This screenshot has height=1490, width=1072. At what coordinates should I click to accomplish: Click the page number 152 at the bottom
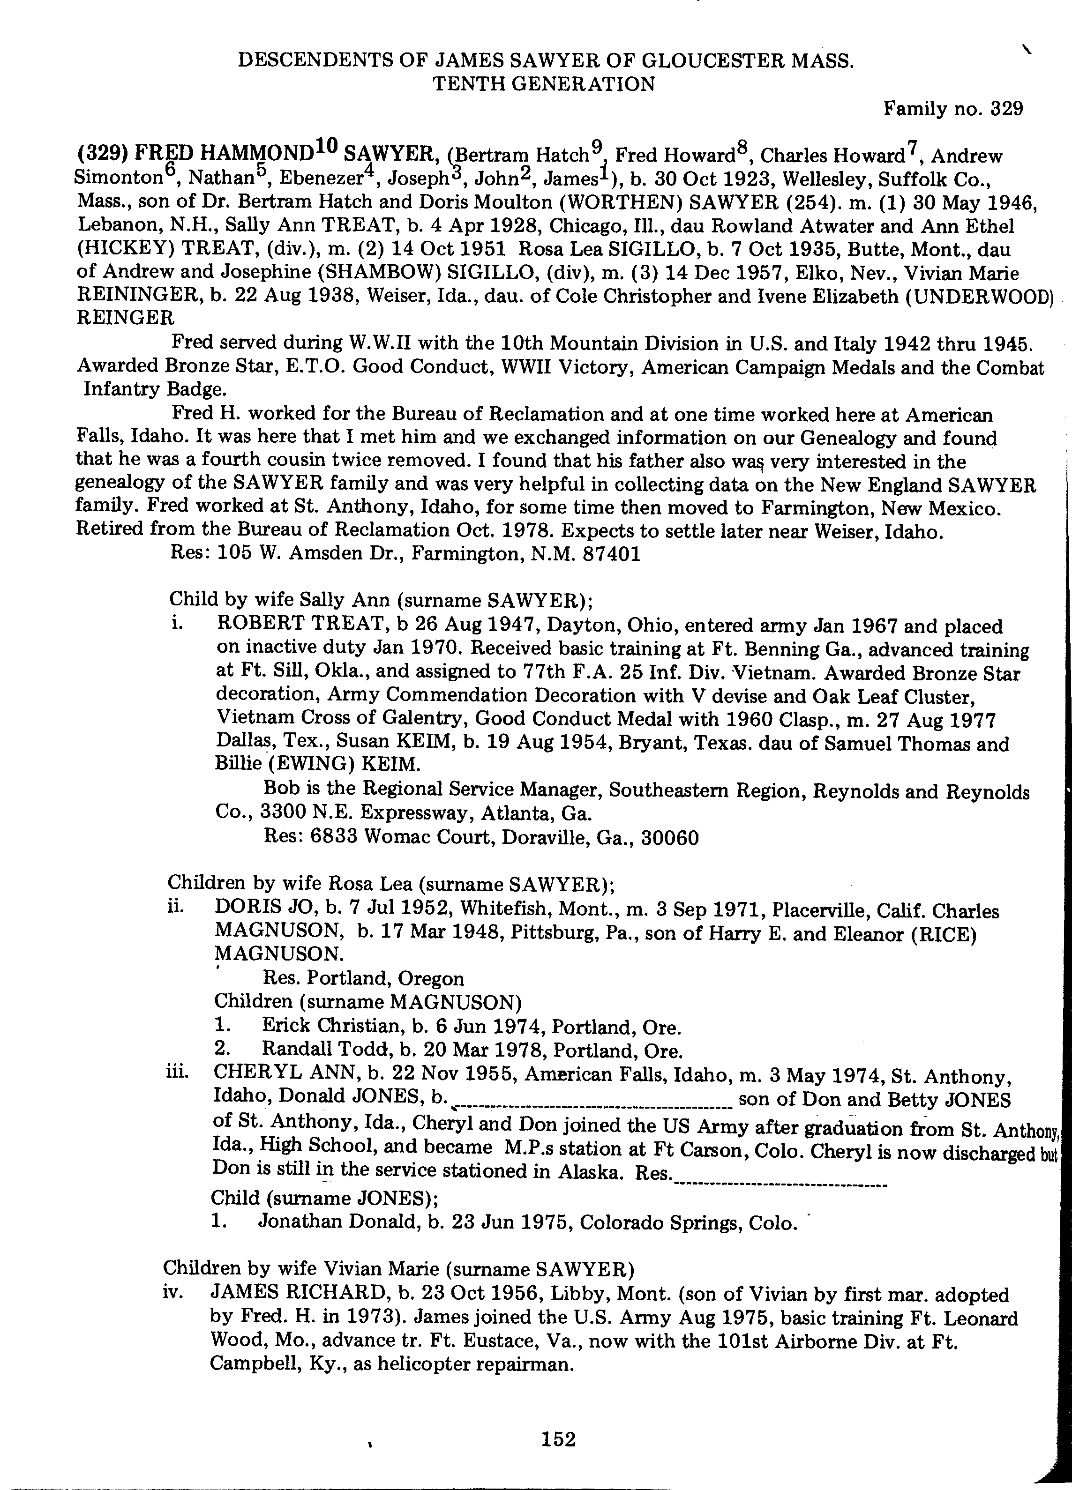click(558, 1439)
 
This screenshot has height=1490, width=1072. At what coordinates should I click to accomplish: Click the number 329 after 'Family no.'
click(1006, 109)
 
